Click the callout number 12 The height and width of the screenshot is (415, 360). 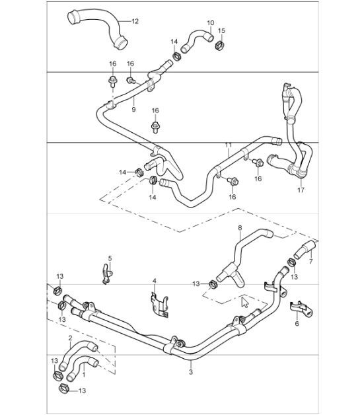(135, 21)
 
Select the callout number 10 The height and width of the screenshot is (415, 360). (210, 23)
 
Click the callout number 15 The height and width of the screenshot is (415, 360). (222, 31)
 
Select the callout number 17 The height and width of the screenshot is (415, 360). (301, 190)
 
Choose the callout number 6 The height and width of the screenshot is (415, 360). (297, 324)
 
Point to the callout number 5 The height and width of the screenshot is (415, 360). (110, 258)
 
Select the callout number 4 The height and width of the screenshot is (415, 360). (154, 281)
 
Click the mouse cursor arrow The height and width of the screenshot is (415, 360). (245, 303)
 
